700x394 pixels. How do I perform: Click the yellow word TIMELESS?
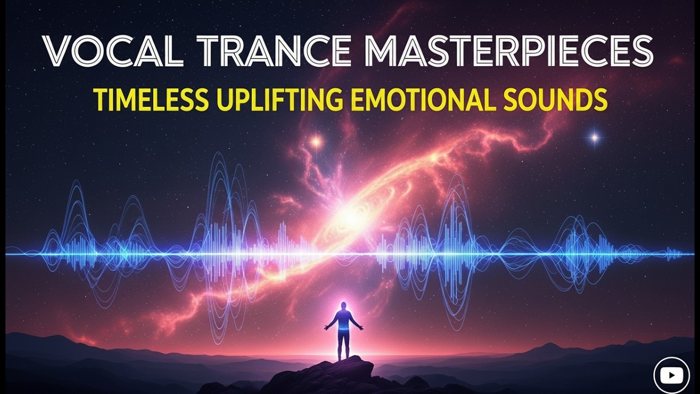pos(150,100)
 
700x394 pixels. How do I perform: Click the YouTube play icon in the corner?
pos(672,375)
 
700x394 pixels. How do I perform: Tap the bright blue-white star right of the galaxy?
pos(594,137)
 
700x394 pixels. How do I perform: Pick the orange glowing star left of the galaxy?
pos(316,142)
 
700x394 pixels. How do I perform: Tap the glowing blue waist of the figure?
pos(343,331)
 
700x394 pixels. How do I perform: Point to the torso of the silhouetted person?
pos(343,320)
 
